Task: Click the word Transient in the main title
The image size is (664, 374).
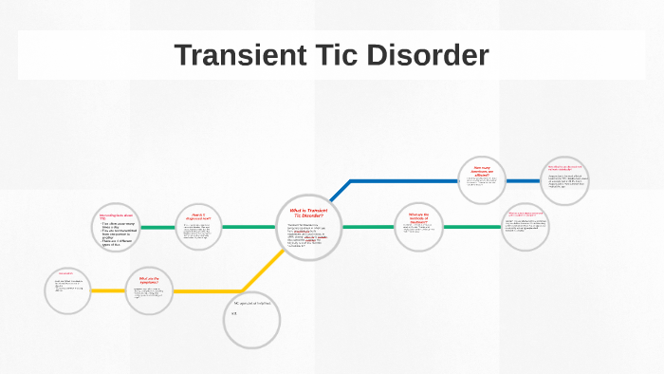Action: coord(238,56)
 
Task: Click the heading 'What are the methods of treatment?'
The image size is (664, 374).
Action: coord(417,217)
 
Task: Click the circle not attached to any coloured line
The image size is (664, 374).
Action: coord(252,321)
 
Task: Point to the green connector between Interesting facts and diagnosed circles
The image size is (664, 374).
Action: coord(157,228)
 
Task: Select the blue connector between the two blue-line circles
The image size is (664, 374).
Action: coord(524,180)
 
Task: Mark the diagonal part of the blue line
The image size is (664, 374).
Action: coord(340,191)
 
